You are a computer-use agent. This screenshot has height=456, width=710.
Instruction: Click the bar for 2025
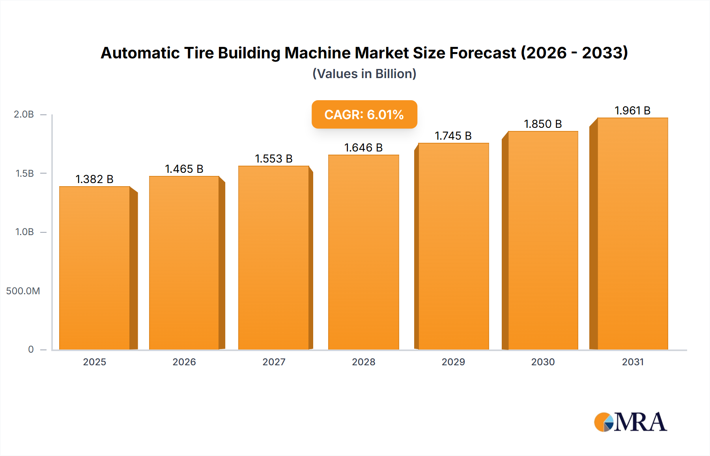pos(95,268)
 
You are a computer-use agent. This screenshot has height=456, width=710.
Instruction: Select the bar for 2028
pos(363,252)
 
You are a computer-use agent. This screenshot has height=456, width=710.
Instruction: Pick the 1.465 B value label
pos(184,169)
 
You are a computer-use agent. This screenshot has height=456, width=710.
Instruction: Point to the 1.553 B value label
pos(274,159)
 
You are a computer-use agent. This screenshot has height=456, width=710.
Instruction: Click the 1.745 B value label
pos(453,136)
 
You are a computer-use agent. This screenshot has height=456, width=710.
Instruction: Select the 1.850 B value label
pos(543,124)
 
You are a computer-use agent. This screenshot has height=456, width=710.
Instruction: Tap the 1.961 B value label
pos(632,110)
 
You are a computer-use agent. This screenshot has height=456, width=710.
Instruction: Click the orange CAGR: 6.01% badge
pos(364,114)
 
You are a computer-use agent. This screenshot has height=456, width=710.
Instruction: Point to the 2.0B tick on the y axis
pos(24,114)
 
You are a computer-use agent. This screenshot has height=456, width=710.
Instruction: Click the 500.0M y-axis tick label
pos(23,291)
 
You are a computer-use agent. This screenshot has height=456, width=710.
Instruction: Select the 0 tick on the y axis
pos(31,349)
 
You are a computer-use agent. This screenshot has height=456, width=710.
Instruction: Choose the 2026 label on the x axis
pos(184,362)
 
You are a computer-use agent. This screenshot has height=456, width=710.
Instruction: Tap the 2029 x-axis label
pos(453,362)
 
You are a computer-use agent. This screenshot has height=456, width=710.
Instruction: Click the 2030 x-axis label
pos(543,362)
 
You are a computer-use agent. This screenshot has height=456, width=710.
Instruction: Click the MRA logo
pos(630,422)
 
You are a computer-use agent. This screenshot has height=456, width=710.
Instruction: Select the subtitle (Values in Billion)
pos(364,74)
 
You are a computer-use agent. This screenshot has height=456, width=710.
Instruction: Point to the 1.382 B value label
pos(94,179)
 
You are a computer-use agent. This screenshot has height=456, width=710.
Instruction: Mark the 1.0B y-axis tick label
pos(24,232)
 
